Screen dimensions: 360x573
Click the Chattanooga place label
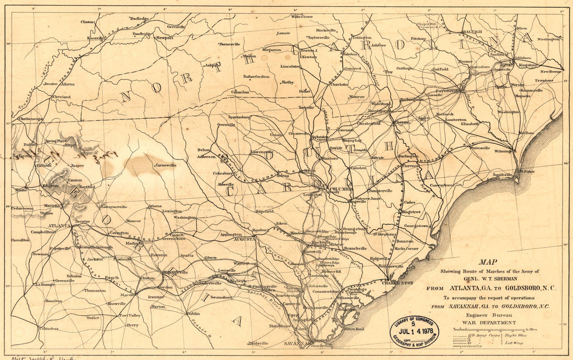pos(30,119)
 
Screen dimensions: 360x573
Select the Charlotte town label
pos(339,84)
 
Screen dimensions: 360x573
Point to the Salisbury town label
pos(352,54)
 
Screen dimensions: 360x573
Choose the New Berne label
pos(551,71)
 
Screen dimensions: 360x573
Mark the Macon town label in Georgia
pos(127,294)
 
